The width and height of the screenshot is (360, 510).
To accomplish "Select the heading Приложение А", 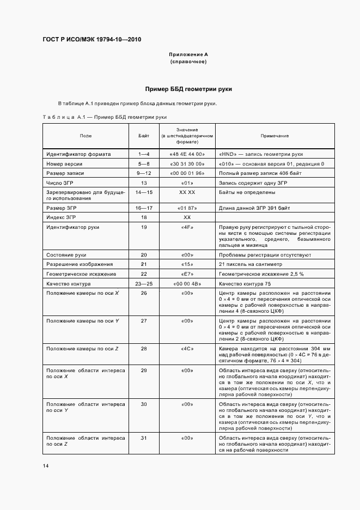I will pos(188,54).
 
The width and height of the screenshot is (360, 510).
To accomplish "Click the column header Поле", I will pos(86,135).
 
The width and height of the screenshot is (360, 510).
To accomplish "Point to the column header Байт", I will pos(144,135).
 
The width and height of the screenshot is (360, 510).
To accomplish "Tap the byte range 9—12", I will pos(144,173).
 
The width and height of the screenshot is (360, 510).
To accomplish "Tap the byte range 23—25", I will pos(144,284).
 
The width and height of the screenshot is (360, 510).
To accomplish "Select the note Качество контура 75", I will pos(245,284).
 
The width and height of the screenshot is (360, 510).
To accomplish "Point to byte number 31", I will pos(144,438).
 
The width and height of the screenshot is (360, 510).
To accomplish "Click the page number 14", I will pos(46,466).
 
